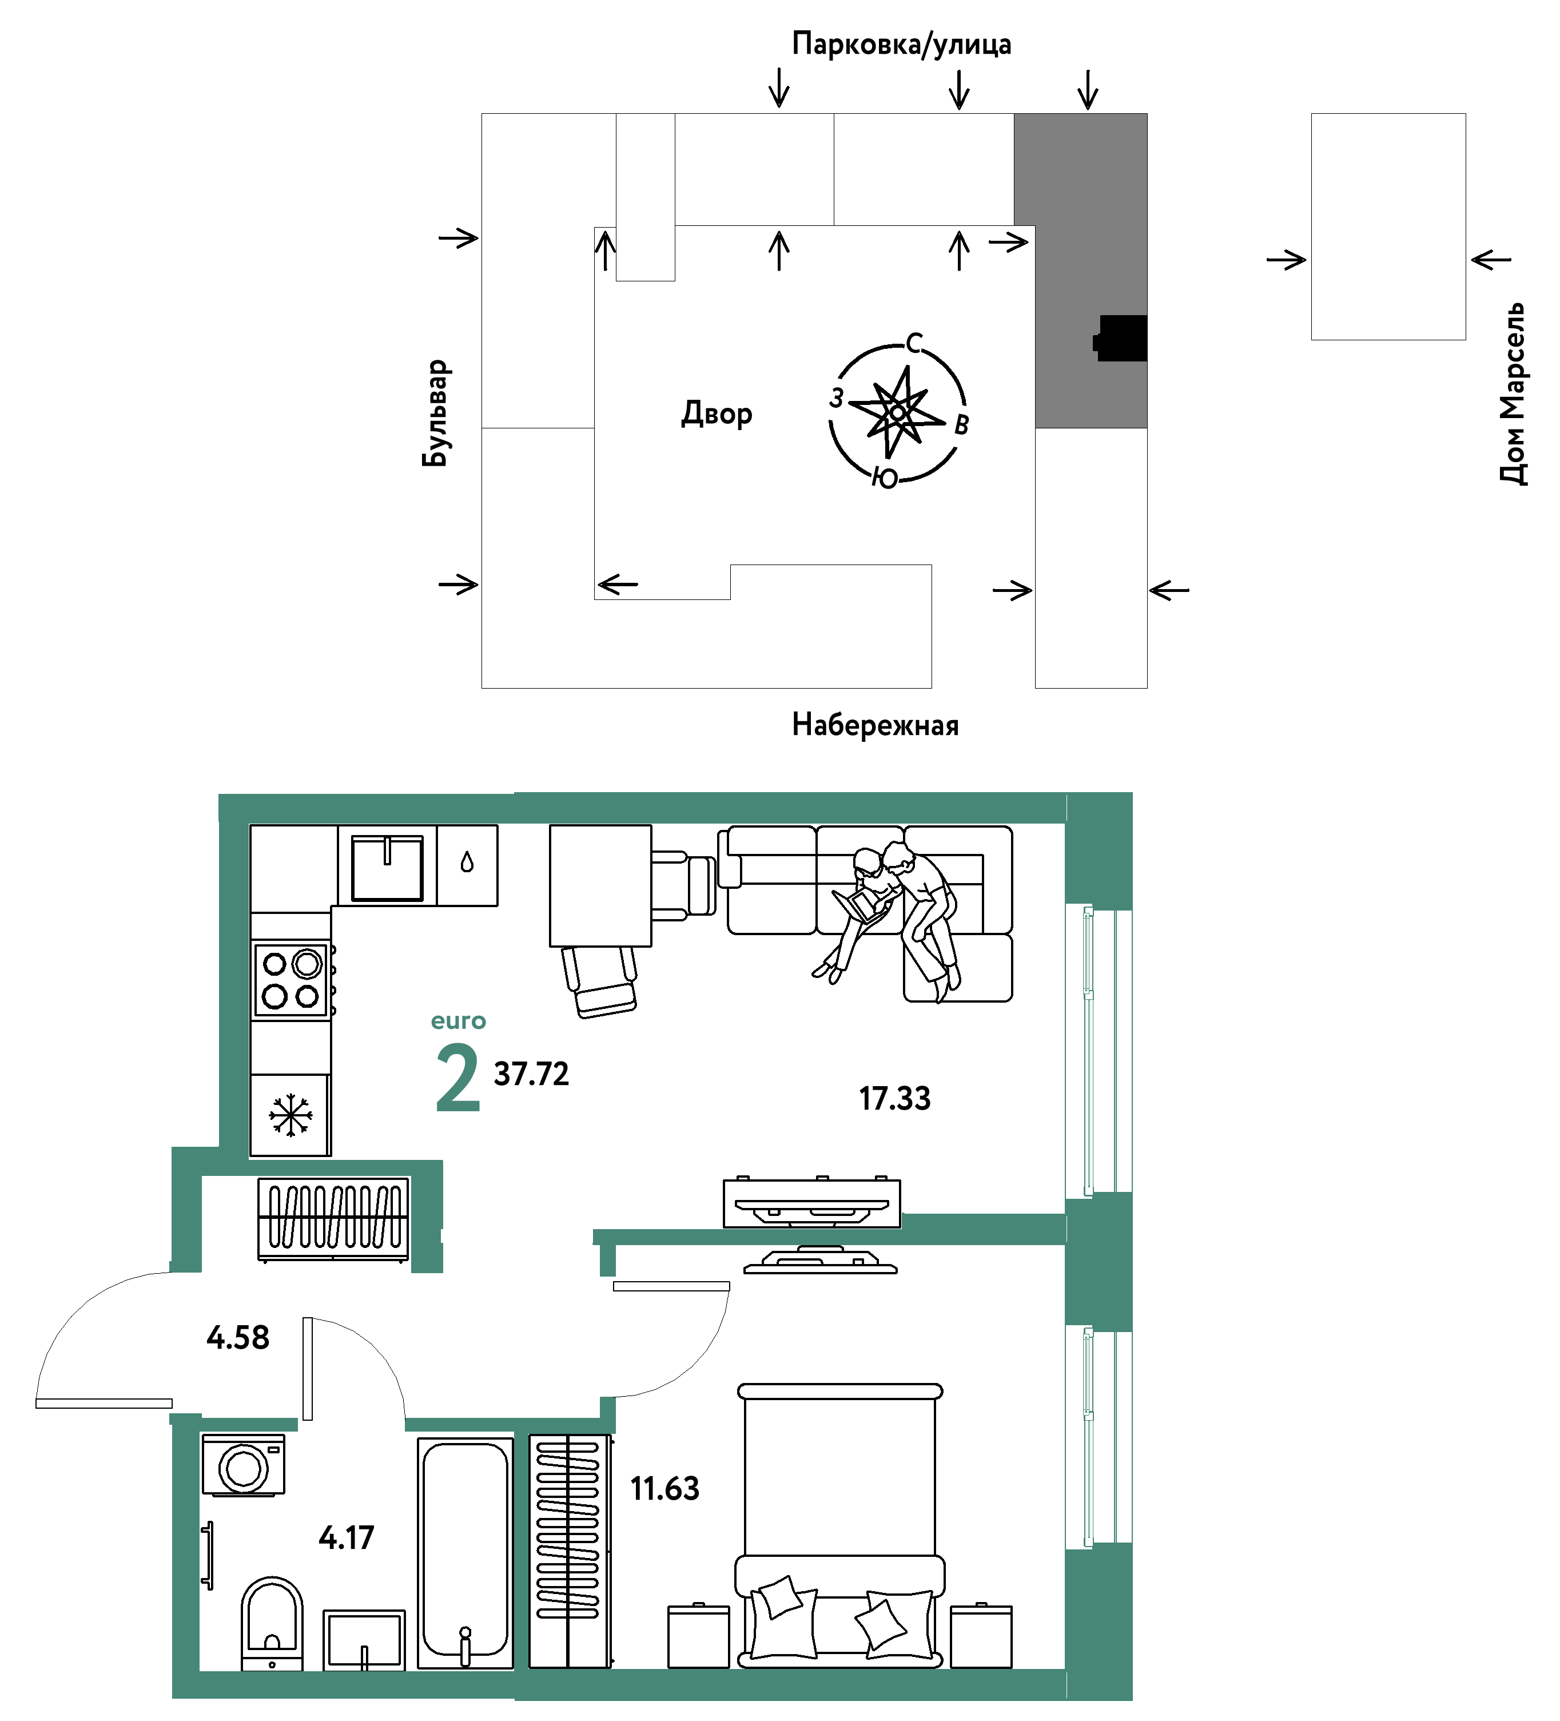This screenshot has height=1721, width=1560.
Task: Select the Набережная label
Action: coord(875,725)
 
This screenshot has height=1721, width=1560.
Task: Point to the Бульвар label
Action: coord(435,413)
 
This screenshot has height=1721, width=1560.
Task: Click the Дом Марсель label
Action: coord(1513,394)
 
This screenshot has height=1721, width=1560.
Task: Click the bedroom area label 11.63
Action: coord(665,1489)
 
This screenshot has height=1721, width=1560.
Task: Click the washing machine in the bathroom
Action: coord(243,1465)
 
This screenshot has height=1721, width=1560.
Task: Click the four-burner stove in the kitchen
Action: coord(291,980)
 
